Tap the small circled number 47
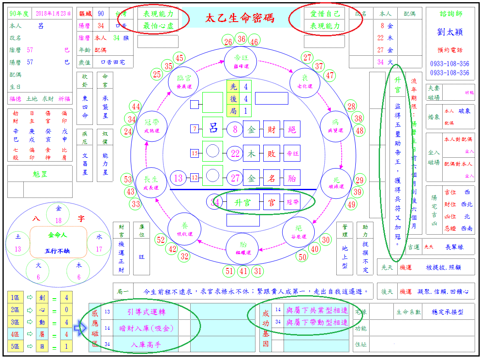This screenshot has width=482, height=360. pyautogui.click(x=330, y=76)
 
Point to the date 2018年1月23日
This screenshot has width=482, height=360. pyautogui.click(x=53, y=13)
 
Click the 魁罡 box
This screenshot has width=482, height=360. pyautogui.click(x=40, y=174)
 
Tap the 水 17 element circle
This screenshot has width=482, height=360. pyautogui.click(x=99, y=243)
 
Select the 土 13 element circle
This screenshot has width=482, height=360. pyautogui.click(x=18, y=243)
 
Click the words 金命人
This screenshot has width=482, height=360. pyautogui.click(x=58, y=235)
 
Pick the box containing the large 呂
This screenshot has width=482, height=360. pyautogui.click(x=213, y=129)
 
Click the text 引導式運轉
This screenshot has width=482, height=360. pyautogui.click(x=146, y=312)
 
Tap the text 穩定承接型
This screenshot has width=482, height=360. pyautogui.click(x=447, y=312)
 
